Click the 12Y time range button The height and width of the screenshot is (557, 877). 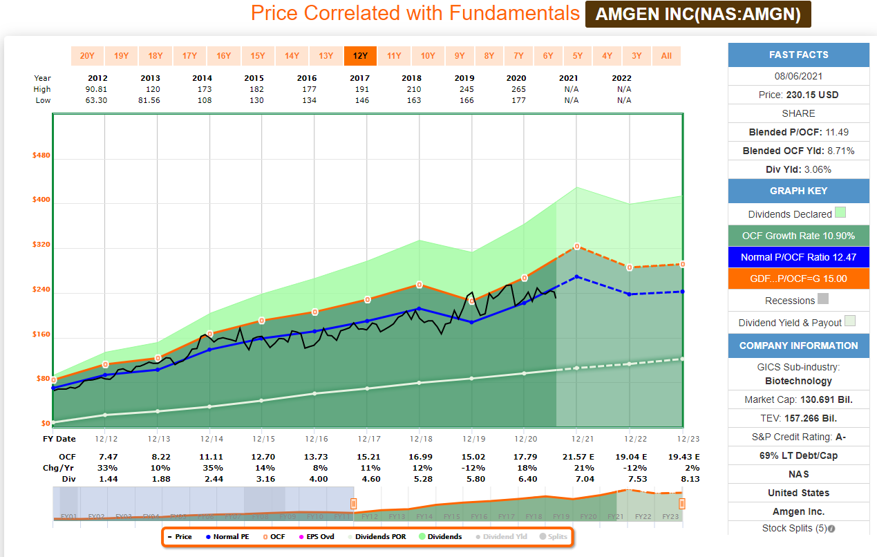[x=360, y=56]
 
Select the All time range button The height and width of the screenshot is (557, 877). [x=666, y=56]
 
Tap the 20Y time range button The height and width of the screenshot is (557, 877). [x=87, y=56]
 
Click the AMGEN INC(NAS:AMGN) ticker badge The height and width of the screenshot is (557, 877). [x=698, y=15]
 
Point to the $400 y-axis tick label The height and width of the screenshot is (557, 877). [x=41, y=200]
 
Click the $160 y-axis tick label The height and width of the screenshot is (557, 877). [x=41, y=334]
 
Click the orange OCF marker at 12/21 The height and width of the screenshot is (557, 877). [x=576, y=247]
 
